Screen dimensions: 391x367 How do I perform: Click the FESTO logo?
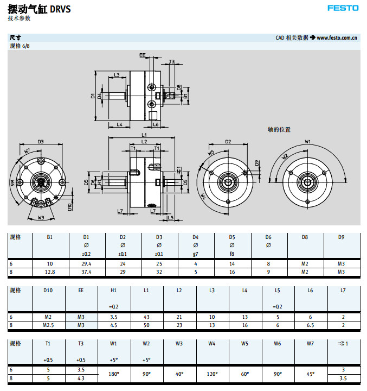(343, 8)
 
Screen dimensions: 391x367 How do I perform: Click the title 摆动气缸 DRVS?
(39, 9)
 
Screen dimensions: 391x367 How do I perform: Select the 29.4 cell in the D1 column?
(86, 263)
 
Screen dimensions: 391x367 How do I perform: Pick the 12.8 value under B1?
(50, 272)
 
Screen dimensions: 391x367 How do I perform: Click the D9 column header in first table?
(341, 237)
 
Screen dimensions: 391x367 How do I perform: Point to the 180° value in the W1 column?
(114, 374)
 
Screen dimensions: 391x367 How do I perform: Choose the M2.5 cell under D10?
(48, 325)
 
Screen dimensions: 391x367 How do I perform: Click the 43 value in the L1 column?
(146, 317)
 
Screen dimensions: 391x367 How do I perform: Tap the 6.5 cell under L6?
(310, 325)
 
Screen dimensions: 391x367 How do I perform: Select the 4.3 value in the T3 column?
(81, 378)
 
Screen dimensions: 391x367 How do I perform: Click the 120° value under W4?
(211, 374)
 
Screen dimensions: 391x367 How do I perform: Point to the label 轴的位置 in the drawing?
(280, 130)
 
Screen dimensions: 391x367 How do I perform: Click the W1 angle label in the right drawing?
(307, 142)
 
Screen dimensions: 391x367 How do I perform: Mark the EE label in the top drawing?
(143, 55)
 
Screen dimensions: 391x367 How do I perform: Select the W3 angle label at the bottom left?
(41, 218)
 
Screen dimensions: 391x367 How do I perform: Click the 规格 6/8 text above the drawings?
(20, 46)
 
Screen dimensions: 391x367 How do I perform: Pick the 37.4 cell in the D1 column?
(86, 272)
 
